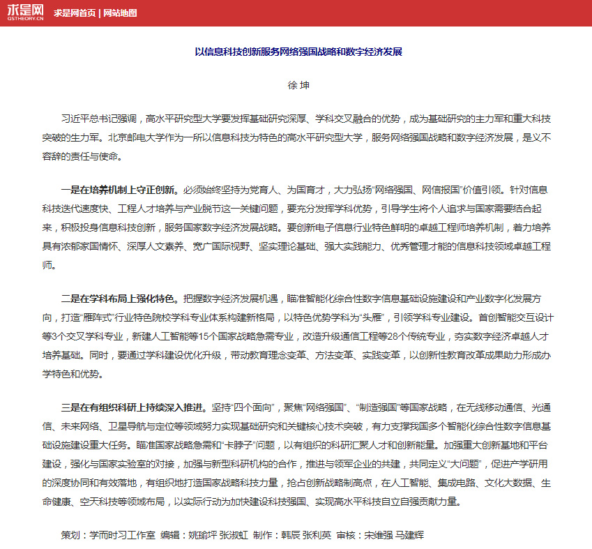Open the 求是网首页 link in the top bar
75,13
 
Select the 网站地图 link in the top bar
119,13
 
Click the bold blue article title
298,52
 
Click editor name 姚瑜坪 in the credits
201,536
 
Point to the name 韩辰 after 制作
291,536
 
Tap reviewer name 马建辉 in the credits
409,536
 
